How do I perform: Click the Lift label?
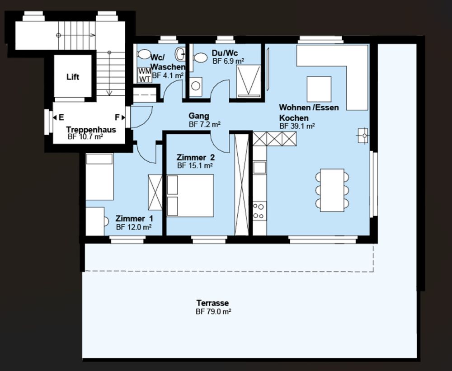point(73,77)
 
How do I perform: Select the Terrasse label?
point(212,303)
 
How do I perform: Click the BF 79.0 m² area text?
point(213,312)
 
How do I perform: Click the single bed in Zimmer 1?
point(99,176)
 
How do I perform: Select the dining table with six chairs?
point(332,190)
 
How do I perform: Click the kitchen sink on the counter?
point(259,168)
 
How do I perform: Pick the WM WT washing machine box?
point(144,75)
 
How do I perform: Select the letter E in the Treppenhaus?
point(61,117)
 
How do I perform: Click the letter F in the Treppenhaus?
point(117,117)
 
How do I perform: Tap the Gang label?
point(199,116)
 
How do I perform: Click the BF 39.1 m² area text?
point(297,127)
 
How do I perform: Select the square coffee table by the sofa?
point(319,89)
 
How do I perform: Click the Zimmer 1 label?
point(131,219)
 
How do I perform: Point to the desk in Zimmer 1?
point(95,221)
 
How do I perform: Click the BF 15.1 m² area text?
point(195,166)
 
